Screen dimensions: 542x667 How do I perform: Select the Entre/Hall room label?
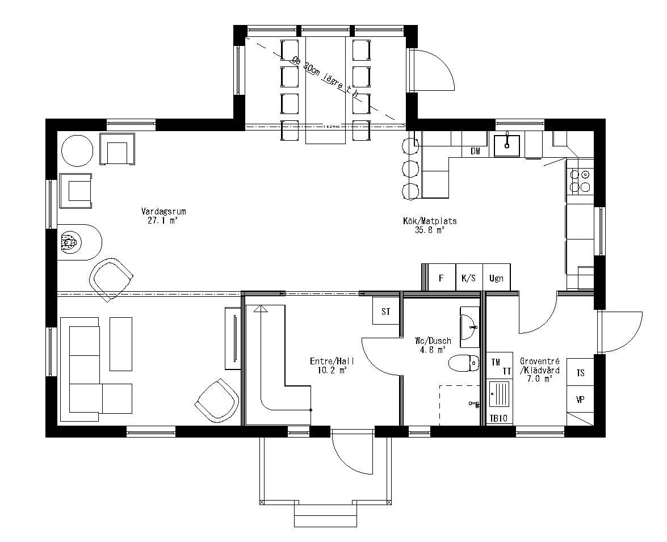coord(329,365)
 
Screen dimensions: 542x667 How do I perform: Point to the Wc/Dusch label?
coord(433,345)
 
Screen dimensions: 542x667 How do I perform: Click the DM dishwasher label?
coord(475,151)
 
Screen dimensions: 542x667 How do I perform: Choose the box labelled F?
coord(441,278)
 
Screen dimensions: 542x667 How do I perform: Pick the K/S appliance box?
coord(469,278)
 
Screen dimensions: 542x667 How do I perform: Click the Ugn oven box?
coord(497,278)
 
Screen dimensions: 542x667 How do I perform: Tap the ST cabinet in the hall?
coord(386,311)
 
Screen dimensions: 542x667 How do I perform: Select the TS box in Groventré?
coord(580,373)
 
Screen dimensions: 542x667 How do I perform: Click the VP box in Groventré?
coord(580,400)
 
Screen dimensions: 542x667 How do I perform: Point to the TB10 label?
coord(498,418)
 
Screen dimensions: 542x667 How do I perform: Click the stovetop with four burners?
coord(580,180)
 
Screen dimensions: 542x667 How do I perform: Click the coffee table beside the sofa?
coord(120,344)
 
